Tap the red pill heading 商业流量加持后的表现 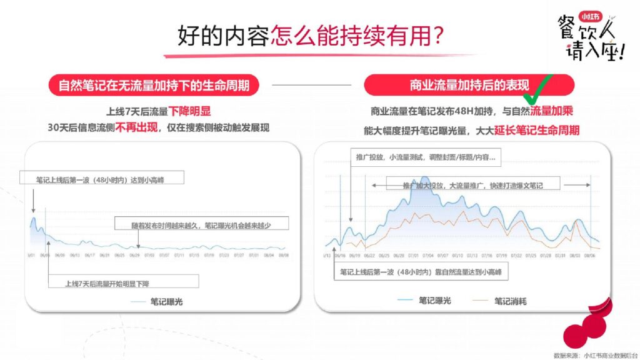click(x=469, y=85)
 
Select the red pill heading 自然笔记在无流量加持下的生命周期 click(x=154, y=85)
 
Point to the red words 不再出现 click(x=132, y=127)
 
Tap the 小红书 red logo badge click(x=587, y=17)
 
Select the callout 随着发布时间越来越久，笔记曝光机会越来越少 click(x=200, y=224)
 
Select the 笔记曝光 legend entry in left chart click(x=160, y=302)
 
